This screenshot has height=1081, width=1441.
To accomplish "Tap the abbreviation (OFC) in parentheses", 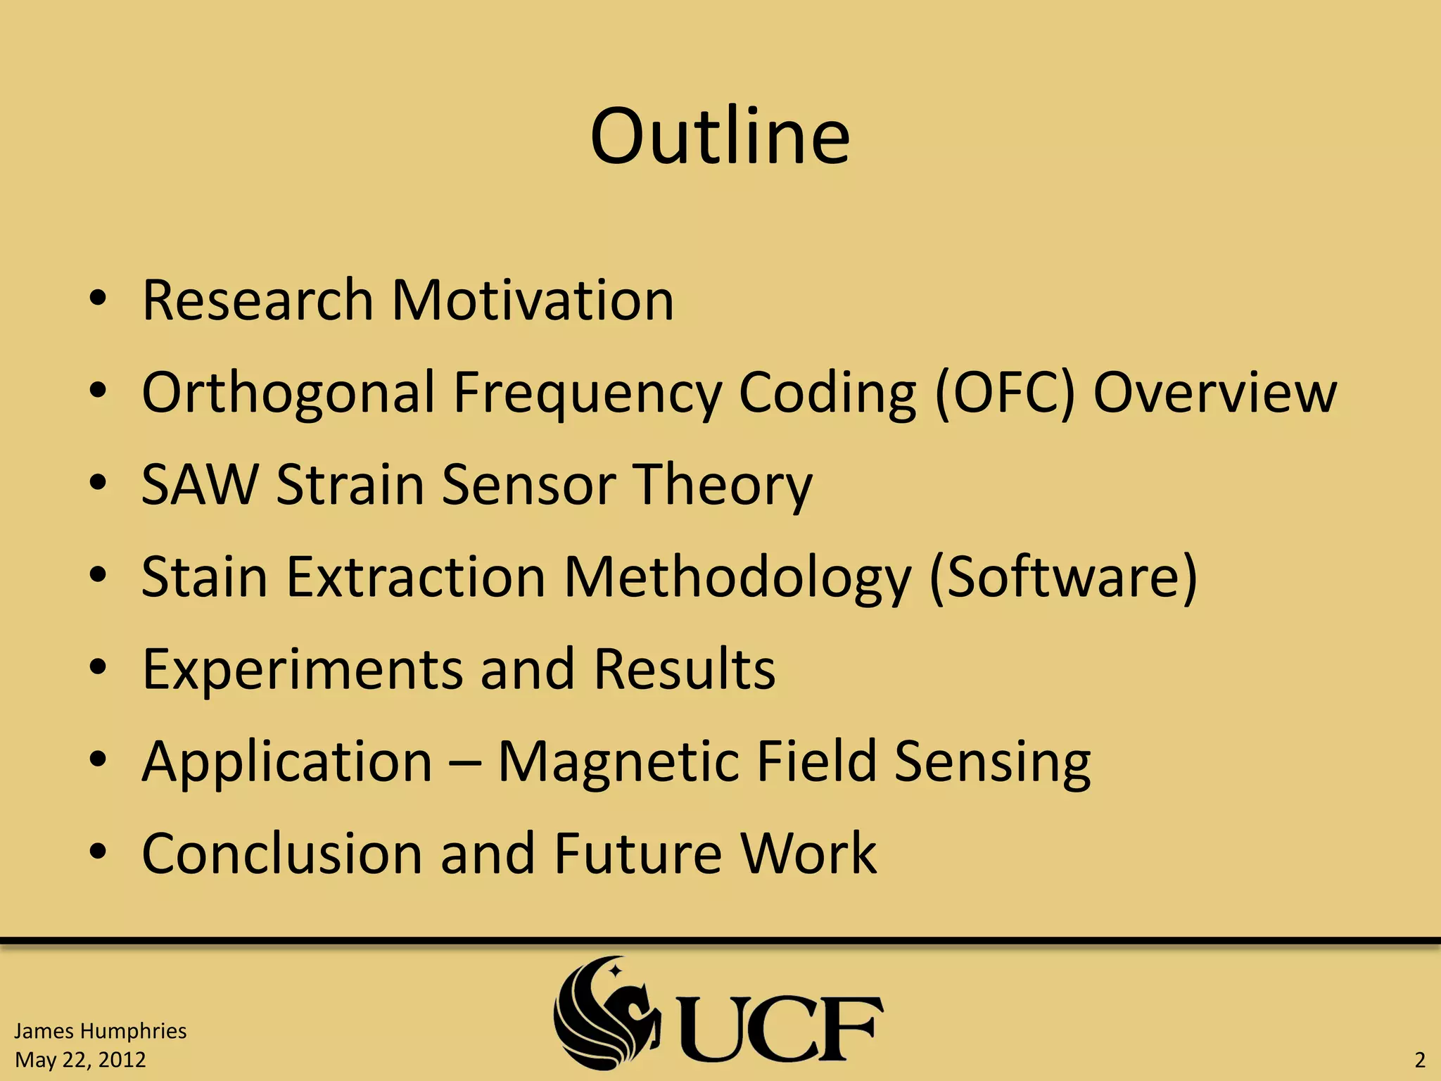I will coord(1005,393).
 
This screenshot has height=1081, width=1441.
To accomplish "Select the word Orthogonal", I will coord(288,393).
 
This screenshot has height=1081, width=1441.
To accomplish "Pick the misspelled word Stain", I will coord(204,576).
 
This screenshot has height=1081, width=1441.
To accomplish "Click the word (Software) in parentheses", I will coord(1063,578).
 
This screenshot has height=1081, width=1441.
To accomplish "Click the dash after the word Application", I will coord(464,762).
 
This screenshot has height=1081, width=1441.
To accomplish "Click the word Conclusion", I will coord(282,853).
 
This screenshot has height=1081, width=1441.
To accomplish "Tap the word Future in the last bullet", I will coord(637,853).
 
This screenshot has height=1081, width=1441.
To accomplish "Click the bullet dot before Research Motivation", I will coord(98,300).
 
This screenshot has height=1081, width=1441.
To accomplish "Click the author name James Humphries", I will coord(100,1031).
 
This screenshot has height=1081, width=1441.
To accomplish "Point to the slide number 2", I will coord(1419,1060).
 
